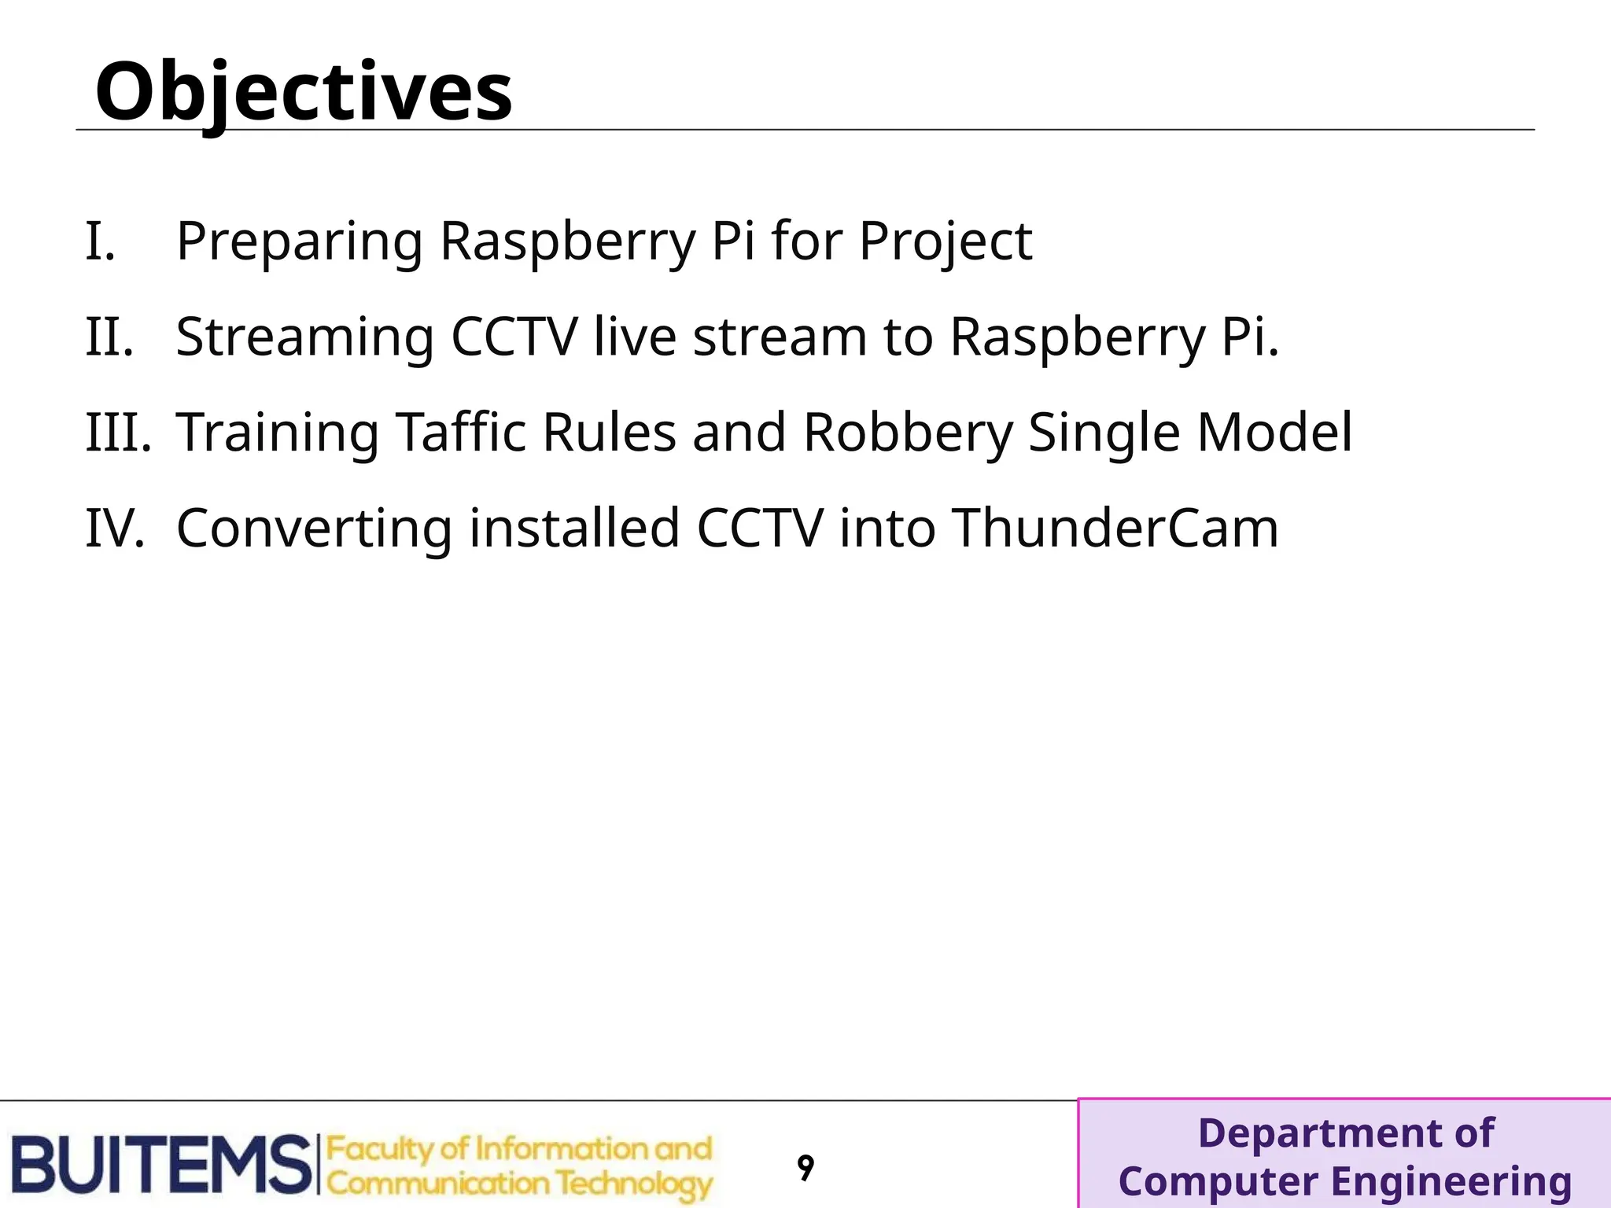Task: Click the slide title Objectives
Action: click(304, 93)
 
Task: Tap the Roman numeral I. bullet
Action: click(101, 241)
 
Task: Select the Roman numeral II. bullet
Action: click(109, 337)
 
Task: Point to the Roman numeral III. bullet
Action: click(118, 433)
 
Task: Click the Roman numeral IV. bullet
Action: click(115, 528)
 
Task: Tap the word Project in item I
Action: click(945, 242)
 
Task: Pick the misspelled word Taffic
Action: click(460, 433)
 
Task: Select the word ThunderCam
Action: click(1115, 528)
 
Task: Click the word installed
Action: click(574, 528)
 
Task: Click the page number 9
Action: click(805, 1168)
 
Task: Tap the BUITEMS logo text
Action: click(161, 1165)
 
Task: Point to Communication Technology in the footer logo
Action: click(519, 1184)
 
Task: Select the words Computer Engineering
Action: click(1344, 1181)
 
